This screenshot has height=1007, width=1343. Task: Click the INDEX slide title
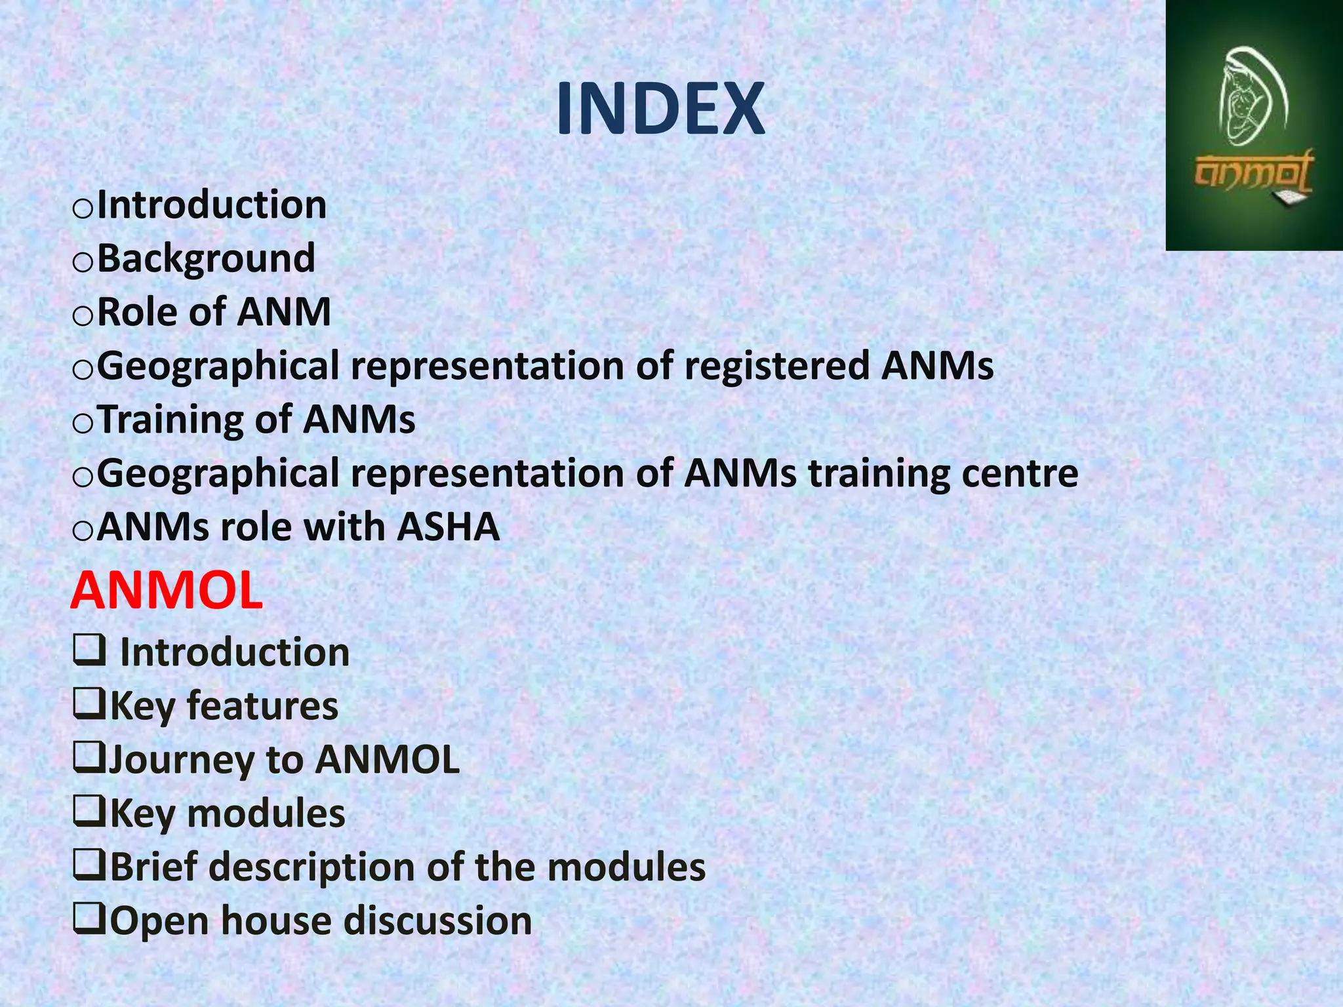click(660, 109)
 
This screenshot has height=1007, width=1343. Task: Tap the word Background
click(206, 258)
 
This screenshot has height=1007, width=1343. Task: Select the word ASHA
click(449, 527)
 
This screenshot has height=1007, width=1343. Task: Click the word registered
click(776, 366)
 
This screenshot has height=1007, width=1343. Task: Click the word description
click(312, 867)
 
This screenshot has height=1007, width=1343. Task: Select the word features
click(262, 707)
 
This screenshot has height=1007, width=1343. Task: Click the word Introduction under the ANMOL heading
click(235, 653)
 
